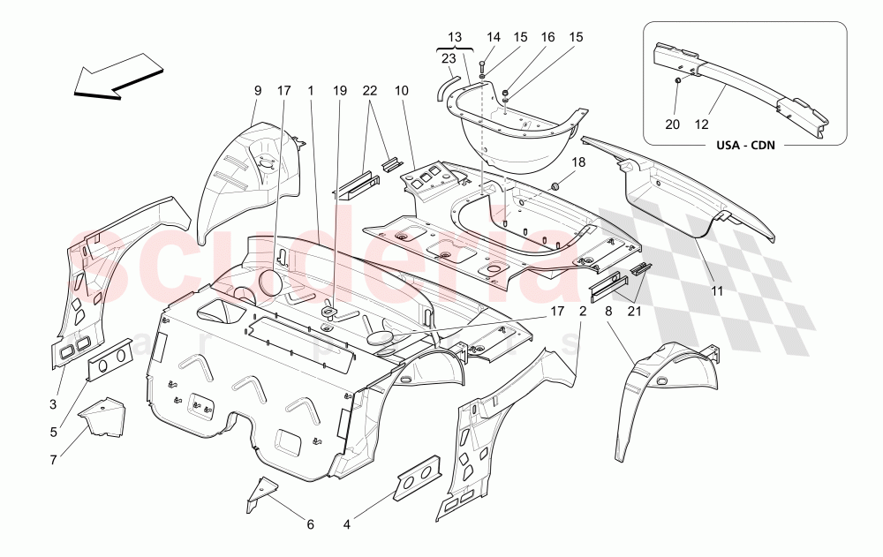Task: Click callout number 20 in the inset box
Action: [x=674, y=125]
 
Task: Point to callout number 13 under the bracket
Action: [x=455, y=37]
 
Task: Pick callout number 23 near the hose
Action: [x=448, y=59]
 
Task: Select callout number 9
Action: [x=258, y=90]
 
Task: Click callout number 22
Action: [x=370, y=90]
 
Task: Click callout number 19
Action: [x=341, y=90]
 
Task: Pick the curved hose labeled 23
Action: [x=445, y=85]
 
